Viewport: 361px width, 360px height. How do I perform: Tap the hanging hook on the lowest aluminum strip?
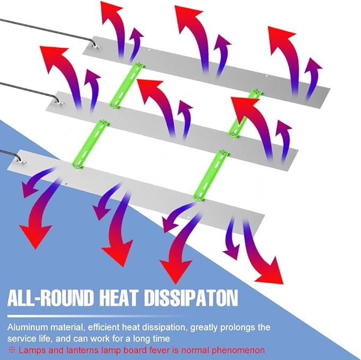pyautogui.click(x=21, y=159)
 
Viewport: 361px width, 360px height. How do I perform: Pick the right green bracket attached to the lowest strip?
pyautogui.click(x=211, y=175)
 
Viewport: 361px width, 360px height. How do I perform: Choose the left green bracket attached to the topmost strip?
pyautogui.click(x=127, y=85)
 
